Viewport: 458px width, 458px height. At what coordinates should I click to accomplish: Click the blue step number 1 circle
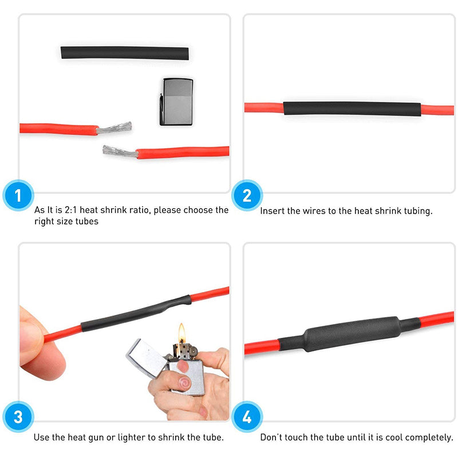[18, 196]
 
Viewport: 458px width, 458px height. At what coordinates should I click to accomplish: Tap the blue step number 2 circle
[247, 196]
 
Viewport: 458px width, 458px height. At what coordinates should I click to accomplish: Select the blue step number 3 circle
[18, 417]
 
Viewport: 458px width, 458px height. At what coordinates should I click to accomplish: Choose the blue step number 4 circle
[247, 417]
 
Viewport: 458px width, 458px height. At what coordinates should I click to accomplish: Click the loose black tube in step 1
[125, 53]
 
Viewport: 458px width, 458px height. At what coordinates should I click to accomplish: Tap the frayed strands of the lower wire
[119, 152]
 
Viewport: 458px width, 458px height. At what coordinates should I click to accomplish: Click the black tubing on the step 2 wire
[352, 109]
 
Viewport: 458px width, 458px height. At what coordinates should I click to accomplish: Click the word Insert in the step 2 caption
[273, 211]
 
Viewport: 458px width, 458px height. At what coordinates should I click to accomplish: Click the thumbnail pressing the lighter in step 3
[184, 381]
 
